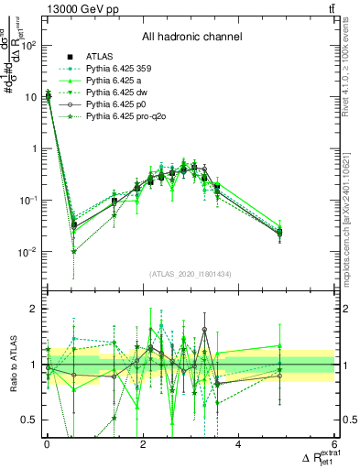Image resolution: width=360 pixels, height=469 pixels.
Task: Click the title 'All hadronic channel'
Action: tap(191, 38)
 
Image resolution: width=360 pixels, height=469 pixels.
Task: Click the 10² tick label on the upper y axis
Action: tap(27, 46)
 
